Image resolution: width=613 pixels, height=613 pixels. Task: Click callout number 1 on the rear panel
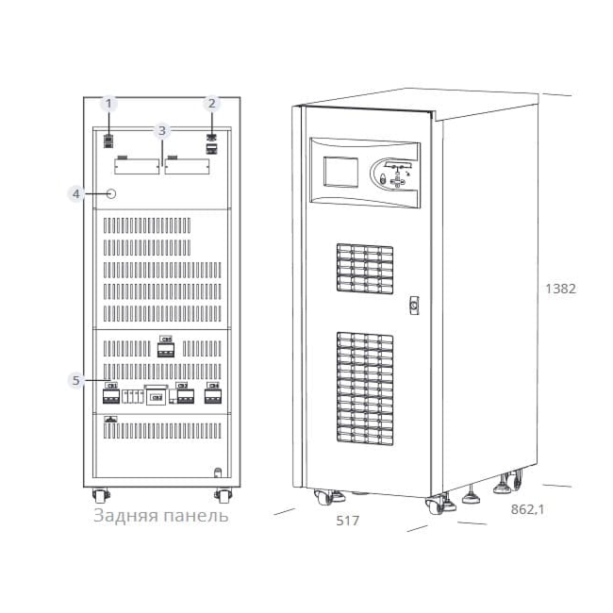coord(109,103)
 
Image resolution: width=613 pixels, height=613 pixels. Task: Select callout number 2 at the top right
coord(212,103)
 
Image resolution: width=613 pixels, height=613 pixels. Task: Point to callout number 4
coord(76,193)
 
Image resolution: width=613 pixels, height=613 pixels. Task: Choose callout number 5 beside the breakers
coord(76,380)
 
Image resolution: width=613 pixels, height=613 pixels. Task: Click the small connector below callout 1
coord(109,140)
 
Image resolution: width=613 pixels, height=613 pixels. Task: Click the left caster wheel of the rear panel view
coord(99,495)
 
